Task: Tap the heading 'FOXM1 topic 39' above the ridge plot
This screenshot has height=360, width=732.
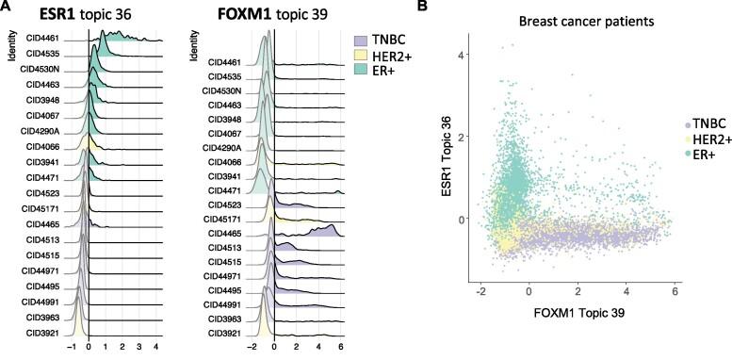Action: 260,15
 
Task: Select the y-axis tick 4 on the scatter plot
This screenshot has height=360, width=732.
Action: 462,55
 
